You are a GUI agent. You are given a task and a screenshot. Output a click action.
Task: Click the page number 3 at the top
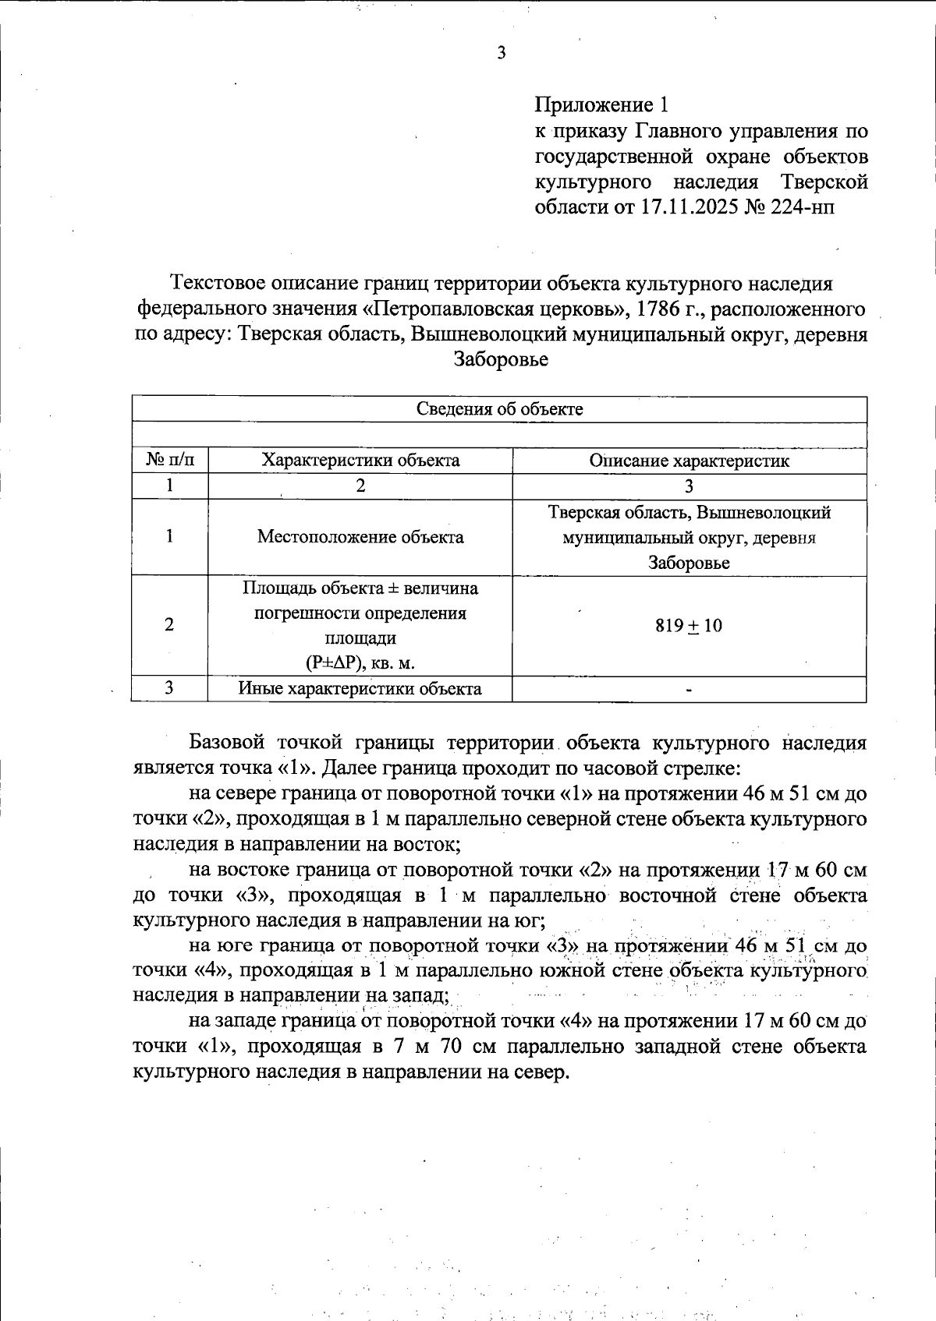click(501, 53)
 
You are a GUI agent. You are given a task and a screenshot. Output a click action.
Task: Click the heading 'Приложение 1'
click(601, 105)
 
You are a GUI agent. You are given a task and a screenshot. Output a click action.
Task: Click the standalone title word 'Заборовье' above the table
click(500, 359)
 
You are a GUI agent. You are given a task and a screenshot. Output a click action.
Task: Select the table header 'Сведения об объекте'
click(499, 409)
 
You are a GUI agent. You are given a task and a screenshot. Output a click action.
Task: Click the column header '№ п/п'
click(170, 461)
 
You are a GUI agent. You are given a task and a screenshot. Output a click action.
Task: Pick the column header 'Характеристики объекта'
click(360, 461)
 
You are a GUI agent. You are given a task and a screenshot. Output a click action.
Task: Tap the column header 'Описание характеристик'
click(689, 461)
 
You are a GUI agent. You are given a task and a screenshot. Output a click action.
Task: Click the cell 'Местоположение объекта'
click(360, 537)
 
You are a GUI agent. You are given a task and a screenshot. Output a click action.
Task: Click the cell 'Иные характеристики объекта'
click(360, 689)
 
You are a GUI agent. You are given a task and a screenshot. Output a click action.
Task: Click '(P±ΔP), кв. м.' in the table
click(360, 663)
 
